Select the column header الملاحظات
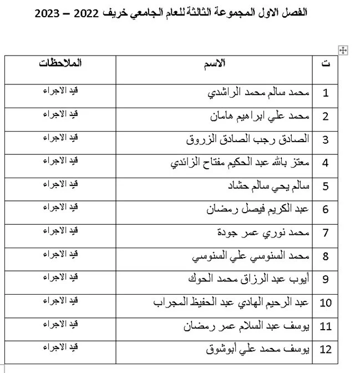click(60, 63)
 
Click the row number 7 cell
click(325, 233)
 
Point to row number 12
click(326, 350)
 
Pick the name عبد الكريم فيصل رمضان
click(257, 210)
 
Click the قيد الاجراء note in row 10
click(60, 300)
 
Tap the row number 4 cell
click(325, 163)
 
